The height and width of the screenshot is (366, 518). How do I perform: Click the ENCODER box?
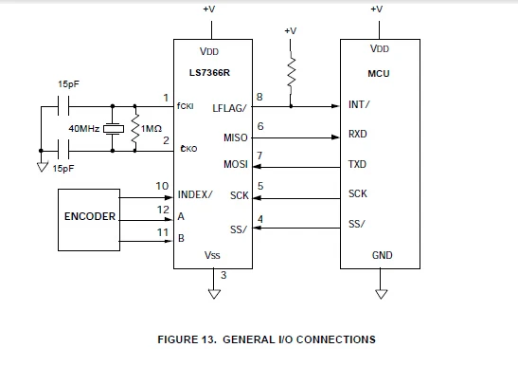click(90, 216)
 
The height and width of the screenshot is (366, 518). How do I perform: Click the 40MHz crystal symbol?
click(115, 128)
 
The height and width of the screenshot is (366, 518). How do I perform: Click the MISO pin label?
click(235, 137)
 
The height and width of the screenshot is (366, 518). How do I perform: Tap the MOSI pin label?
click(235, 164)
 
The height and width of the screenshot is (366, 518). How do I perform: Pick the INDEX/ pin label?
click(195, 194)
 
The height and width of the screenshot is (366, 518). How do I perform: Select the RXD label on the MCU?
click(358, 135)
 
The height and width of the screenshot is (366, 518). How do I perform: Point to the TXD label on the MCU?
click(358, 164)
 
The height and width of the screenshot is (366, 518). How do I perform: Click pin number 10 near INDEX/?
click(163, 185)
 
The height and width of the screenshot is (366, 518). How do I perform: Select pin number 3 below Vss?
click(223, 276)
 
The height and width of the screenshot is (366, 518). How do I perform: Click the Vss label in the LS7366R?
click(212, 256)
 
